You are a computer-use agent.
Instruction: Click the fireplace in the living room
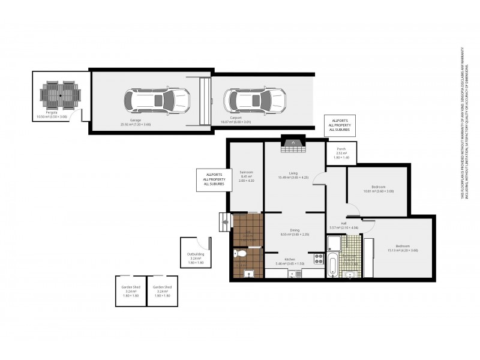pos(292,142)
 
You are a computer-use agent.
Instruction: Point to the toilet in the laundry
pos(239,254)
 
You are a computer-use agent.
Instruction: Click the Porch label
pos(341,149)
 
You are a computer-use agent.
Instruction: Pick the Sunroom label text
pos(247,172)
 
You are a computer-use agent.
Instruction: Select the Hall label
pos(344,223)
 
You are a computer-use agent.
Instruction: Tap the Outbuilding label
pos(196,254)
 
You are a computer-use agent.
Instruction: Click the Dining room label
pos(295,230)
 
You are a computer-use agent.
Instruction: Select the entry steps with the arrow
pos(225,221)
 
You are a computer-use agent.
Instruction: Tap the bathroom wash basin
pos(353,275)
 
